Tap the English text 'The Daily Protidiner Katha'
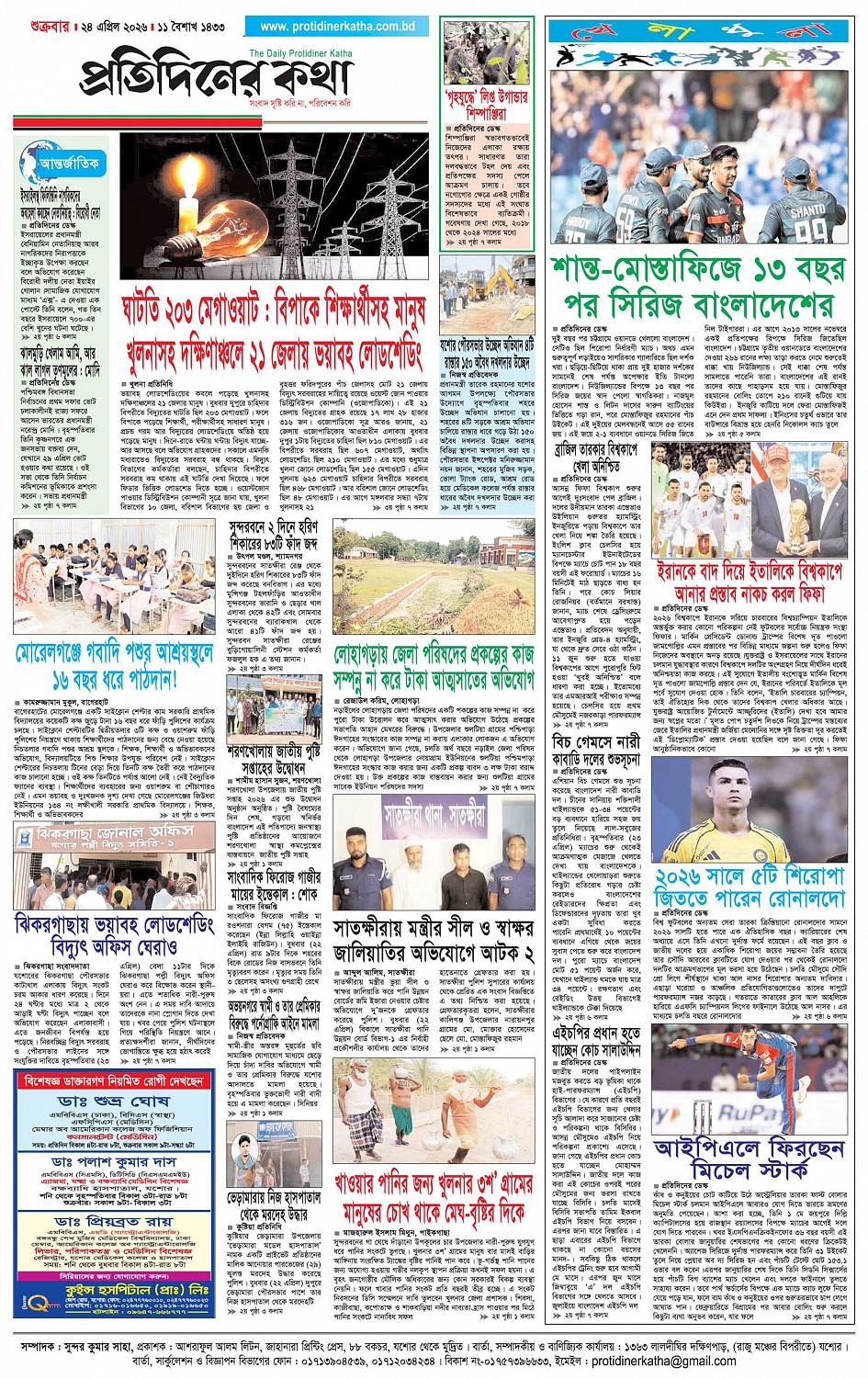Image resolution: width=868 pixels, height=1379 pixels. [x=300, y=53]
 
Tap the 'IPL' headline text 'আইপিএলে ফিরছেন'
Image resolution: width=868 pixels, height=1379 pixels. [x=749, y=1148]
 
